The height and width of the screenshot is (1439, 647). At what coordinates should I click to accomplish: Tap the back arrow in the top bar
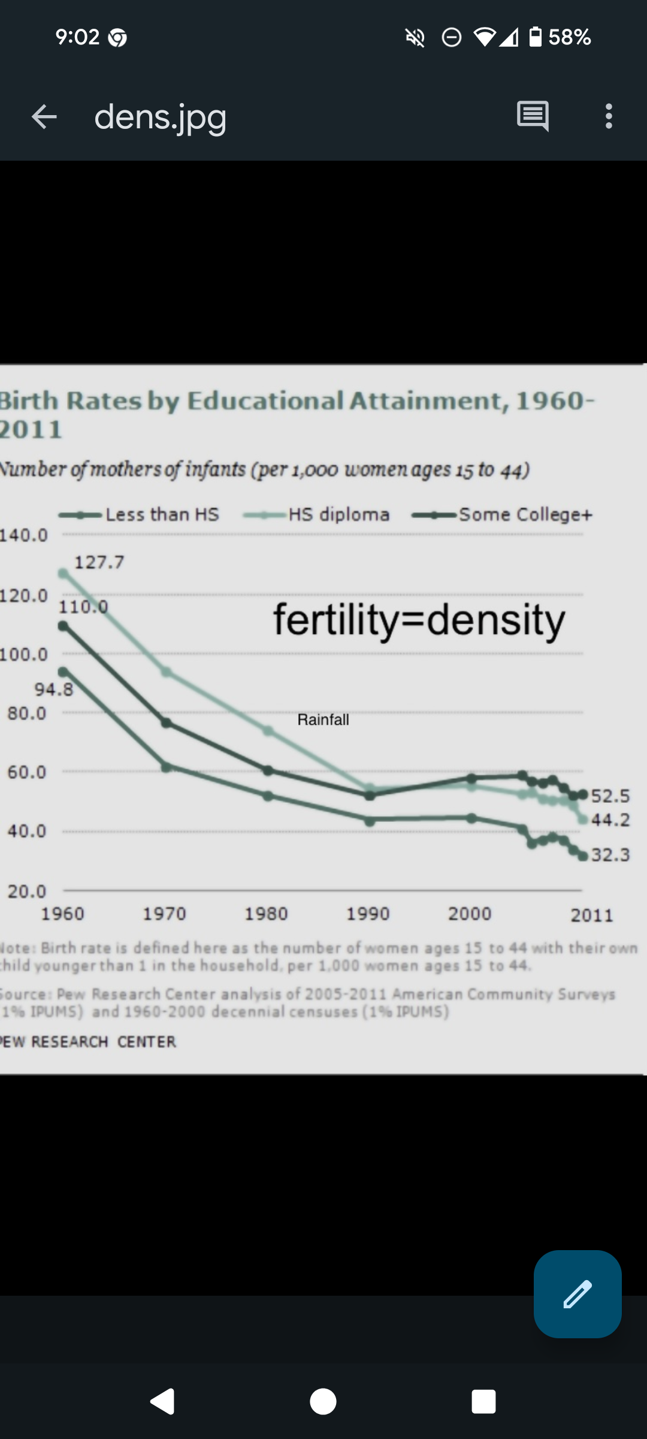click(x=44, y=116)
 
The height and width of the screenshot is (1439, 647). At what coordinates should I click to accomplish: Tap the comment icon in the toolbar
click(x=533, y=116)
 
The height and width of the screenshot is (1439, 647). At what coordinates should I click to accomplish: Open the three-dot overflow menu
click(x=609, y=116)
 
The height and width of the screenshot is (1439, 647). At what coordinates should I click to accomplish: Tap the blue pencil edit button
click(x=578, y=1294)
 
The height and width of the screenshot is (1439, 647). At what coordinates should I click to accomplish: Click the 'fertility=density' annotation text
click(x=419, y=620)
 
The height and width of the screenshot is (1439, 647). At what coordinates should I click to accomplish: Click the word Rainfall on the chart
click(x=323, y=719)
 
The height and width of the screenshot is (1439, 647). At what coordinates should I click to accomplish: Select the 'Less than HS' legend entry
click(x=162, y=514)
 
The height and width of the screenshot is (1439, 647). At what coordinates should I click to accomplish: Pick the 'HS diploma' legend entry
click(x=338, y=514)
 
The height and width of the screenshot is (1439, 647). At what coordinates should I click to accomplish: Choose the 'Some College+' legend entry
click(x=525, y=514)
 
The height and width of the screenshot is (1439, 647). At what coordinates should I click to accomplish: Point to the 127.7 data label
click(x=99, y=562)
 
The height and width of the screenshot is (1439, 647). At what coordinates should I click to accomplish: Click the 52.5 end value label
click(x=610, y=796)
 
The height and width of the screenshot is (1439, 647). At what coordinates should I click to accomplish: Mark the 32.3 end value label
click(x=610, y=854)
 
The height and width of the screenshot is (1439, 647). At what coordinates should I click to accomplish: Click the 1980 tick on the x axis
click(x=266, y=914)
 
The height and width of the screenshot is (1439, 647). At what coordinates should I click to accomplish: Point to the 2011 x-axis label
click(x=592, y=915)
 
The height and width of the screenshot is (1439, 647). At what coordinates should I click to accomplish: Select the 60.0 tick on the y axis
click(x=26, y=772)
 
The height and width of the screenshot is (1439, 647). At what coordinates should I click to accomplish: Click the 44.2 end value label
click(x=610, y=820)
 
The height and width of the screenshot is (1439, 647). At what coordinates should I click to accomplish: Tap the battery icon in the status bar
click(x=536, y=37)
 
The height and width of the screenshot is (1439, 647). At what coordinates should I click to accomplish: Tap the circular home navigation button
click(x=323, y=1402)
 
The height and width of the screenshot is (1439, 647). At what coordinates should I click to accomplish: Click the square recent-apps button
click(x=483, y=1402)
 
